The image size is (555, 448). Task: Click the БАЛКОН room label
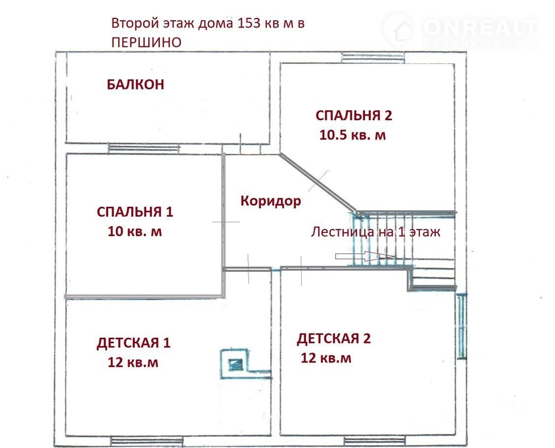136,84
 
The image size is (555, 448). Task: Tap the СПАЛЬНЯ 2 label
354,116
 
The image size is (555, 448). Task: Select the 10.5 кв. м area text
353,135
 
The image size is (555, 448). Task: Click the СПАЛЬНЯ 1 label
135,212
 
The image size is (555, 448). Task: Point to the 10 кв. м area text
135,231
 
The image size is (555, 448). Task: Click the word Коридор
271,201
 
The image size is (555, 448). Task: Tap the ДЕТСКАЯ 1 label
133,343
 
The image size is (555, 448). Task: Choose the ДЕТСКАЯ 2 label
334,339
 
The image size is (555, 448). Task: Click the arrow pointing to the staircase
365,256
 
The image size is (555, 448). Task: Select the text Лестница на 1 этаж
375,232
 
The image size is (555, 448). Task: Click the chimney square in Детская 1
234,364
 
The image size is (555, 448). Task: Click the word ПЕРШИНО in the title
146,42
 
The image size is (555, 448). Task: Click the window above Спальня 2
373,58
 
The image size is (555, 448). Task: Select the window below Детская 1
147,441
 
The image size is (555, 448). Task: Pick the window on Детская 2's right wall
461,326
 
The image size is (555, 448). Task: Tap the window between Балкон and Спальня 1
143,149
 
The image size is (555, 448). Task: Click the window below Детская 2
374,441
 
